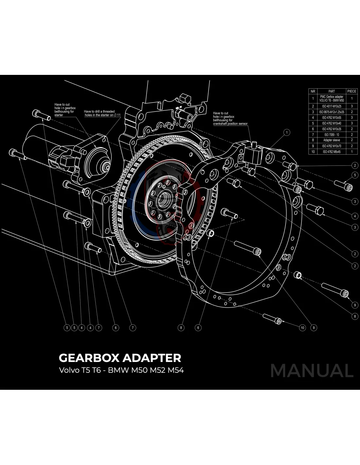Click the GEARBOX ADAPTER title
(120, 358)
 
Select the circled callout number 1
(287, 132)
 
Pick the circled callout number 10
(302, 328)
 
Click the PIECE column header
(351, 91)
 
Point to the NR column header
(313, 91)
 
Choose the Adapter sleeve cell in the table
(332, 140)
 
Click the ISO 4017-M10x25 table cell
(332, 106)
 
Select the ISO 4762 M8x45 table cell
(332, 152)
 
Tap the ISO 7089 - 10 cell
(332, 135)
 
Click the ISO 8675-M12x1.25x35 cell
(332, 112)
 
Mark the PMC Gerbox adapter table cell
(332, 98)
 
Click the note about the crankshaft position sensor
(230, 118)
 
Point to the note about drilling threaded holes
(102, 113)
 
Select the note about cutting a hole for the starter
(65, 110)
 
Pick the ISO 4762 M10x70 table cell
(332, 146)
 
